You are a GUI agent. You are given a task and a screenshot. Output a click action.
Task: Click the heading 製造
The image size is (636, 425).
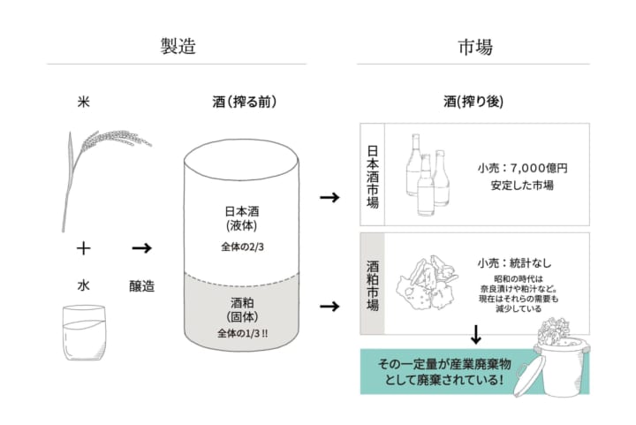coord(178,46)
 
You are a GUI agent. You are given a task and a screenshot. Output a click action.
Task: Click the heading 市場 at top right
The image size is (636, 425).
coord(475,47)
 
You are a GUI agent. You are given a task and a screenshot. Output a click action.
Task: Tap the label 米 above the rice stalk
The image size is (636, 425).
coord(83,102)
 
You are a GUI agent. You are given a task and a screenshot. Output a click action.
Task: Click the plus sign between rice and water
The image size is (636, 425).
coord(84,247)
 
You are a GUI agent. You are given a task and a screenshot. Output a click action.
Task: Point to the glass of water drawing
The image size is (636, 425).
coord(84,332)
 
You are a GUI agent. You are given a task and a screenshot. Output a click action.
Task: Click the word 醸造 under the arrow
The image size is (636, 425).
coord(141,286)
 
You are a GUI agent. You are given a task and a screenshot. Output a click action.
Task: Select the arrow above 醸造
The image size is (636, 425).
coord(141,247)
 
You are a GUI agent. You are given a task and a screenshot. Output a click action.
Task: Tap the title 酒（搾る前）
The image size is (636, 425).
coord(245,102)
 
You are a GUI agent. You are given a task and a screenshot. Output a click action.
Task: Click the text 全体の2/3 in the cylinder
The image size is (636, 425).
coord(242,247)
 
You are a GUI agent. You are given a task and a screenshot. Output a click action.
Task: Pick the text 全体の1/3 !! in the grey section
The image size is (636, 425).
coord(243,333)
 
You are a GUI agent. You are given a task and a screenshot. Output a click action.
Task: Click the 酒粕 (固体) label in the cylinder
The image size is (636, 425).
coord(242,310)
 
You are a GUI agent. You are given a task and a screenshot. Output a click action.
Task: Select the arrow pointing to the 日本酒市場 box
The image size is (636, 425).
coord(329,198)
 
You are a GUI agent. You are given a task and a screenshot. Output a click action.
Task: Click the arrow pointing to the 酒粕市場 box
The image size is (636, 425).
coord(329,307)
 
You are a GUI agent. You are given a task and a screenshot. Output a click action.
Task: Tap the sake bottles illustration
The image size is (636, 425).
coord(428,174)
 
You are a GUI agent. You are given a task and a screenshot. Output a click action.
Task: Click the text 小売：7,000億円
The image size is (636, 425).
coord(522,168)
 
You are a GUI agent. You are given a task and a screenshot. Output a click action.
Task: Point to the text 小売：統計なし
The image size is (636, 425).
coord(514,263)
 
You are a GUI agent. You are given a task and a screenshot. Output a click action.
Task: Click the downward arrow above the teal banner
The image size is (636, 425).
coord(476,334)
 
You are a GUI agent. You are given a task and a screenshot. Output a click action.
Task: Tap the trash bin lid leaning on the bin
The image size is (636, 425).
coord(526,379)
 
